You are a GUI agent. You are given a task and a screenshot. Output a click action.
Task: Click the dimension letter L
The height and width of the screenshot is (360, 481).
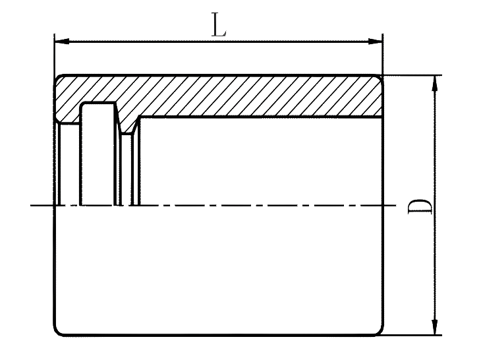click(x=219, y=24)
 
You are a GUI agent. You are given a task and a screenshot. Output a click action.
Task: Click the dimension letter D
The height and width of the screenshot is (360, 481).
click(x=420, y=206)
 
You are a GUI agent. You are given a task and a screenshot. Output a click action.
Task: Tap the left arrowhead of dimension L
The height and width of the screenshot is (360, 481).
click(x=62, y=41)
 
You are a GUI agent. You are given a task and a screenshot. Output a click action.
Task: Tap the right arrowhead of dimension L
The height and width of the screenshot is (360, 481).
click(x=375, y=41)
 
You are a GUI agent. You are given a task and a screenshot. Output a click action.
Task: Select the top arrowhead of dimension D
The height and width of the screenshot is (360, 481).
click(x=435, y=83)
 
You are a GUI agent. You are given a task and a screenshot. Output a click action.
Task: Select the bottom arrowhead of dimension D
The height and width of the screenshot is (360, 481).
click(x=435, y=327)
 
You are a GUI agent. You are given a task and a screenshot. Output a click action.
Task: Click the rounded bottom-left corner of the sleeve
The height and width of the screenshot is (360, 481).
click(x=58, y=331)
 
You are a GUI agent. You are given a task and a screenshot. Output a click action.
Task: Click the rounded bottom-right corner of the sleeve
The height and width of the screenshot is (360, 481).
click(x=380, y=331)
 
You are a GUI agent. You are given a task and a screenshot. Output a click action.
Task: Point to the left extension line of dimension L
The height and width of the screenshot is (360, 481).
click(x=55, y=53)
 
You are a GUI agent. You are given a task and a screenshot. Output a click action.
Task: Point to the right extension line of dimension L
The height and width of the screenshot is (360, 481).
click(x=383, y=53)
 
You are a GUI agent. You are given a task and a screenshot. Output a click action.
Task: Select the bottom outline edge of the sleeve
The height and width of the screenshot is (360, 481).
click(x=219, y=334)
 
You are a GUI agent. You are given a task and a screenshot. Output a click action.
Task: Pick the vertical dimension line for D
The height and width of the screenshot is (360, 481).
click(x=435, y=205)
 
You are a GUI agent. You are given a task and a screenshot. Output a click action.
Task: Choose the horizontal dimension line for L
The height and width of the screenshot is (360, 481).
click(x=218, y=42)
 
